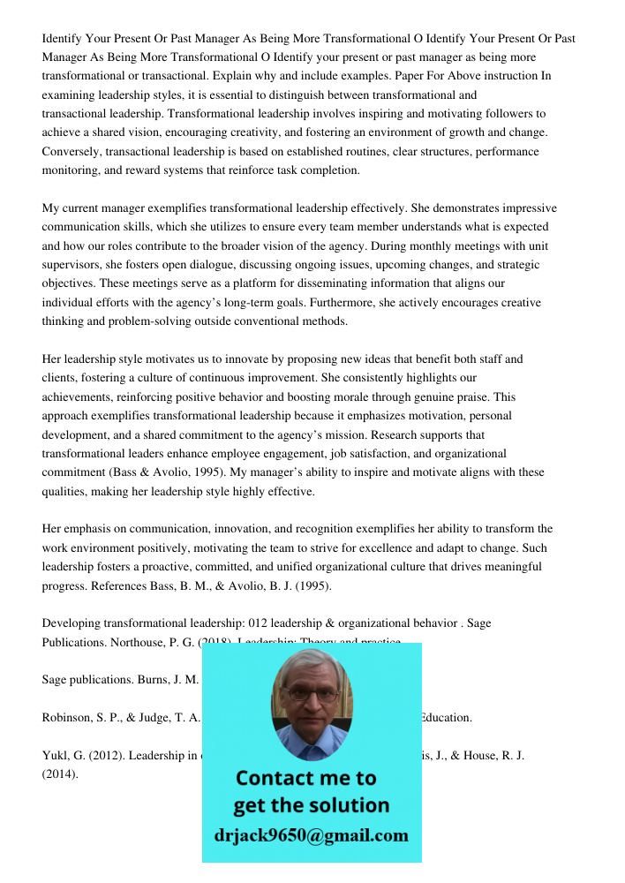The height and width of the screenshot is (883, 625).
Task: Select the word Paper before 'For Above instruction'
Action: point(410,76)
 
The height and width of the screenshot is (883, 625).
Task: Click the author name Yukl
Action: point(56,756)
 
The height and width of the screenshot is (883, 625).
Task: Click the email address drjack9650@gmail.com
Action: point(312,835)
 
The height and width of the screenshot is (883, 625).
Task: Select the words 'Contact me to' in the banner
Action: point(305,778)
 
